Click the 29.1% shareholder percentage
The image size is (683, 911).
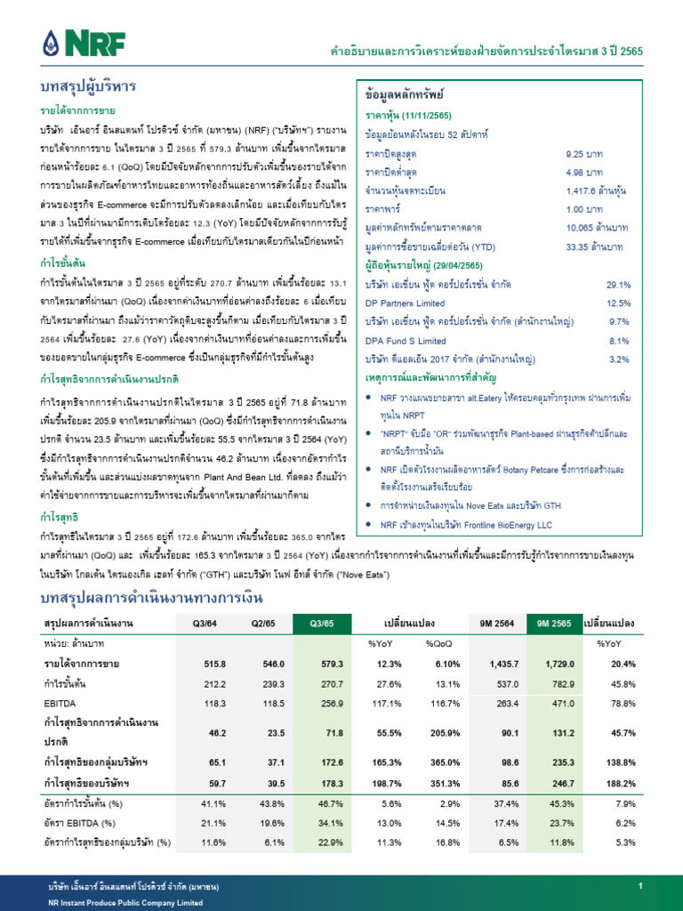pyautogui.click(x=618, y=285)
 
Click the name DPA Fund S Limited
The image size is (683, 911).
pyautogui.click(x=406, y=341)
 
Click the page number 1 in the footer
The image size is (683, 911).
pyautogui.click(x=639, y=888)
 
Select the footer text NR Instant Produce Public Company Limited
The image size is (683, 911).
pyautogui.click(x=125, y=902)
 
